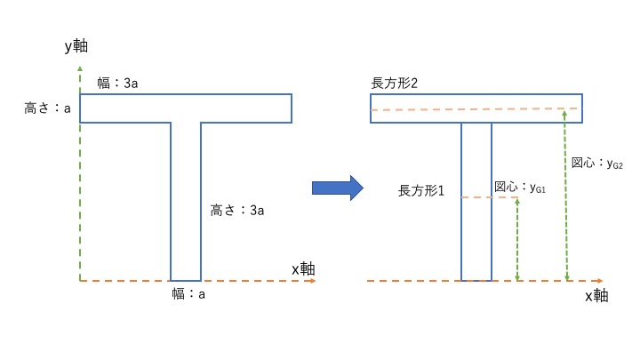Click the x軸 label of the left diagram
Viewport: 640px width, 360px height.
pyautogui.click(x=304, y=268)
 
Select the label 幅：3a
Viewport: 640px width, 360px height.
pyautogui.click(x=117, y=83)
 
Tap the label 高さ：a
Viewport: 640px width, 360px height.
pyautogui.click(x=47, y=108)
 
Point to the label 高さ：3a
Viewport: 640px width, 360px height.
pyautogui.click(x=237, y=211)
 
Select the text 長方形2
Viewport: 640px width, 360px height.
pyautogui.click(x=395, y=83)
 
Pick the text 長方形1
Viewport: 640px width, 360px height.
pyautogui.click(x=420, y=191)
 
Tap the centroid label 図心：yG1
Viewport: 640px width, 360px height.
pyautogui.click(x=519, y=188)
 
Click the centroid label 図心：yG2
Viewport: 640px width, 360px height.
pyautogui.click(x=596, y=164)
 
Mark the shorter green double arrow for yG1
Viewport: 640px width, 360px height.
pyautogui.click(x=517, y=239)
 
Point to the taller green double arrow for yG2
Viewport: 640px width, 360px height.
pyautogui.click(x=566, y=196)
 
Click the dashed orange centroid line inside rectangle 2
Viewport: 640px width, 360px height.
pyautogui.click(x=475, y=109)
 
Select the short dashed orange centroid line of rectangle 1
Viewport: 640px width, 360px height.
pyautogui.click(x=489, y=197)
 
